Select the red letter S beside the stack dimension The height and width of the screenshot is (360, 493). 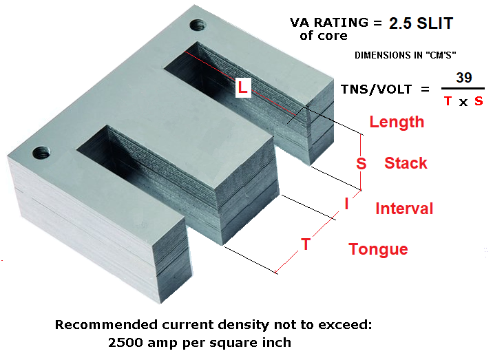click(361, 164)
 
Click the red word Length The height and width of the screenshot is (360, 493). click(397, 123)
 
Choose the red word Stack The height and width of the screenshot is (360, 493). click(406, 163)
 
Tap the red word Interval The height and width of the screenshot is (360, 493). click(404, 209)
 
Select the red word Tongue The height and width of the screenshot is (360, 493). click(378, 249)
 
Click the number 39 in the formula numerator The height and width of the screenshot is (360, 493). click(464, 78)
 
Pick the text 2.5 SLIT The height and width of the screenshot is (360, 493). click(421, 23)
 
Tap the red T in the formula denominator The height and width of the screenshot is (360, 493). click(448, 101)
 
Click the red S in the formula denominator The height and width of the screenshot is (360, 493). click(478, 101)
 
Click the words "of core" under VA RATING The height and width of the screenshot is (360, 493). click(324, 36)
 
